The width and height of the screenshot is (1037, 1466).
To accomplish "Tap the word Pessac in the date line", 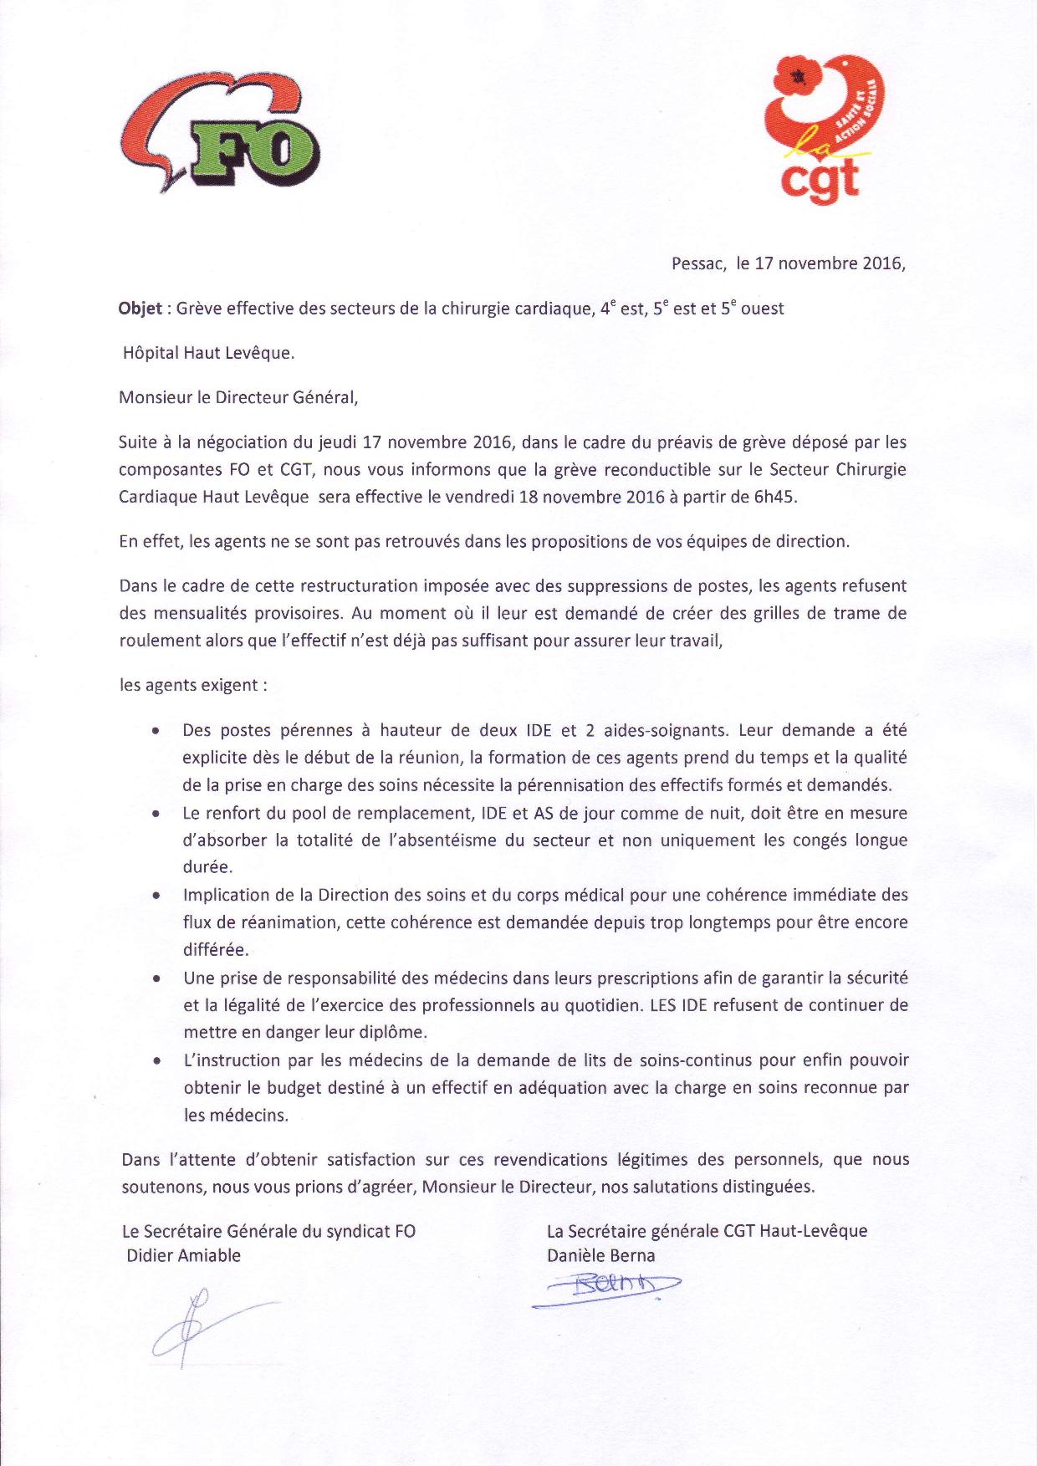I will (697, 263).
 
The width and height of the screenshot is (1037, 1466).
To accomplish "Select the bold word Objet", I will (140, 309).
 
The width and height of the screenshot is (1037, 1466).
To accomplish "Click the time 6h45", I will (776, 497).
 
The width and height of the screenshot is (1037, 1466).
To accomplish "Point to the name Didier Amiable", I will (183, 1255).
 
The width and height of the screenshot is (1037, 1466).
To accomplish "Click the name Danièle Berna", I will (600, 1255).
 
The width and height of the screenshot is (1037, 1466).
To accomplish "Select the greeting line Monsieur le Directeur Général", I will (238, 397).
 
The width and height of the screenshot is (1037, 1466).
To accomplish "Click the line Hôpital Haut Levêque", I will (209, 353).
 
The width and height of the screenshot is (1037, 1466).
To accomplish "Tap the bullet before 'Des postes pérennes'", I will (156, 731).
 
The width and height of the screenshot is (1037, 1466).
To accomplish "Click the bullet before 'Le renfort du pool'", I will (156, 813).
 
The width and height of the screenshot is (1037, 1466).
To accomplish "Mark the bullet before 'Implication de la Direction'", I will (156, 895).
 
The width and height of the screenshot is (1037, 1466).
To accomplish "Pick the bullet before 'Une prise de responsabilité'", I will (156, 978).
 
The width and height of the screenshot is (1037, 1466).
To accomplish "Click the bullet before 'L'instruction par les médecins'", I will (156, 1060).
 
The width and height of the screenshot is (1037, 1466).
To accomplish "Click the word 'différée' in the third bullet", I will (215, 950).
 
